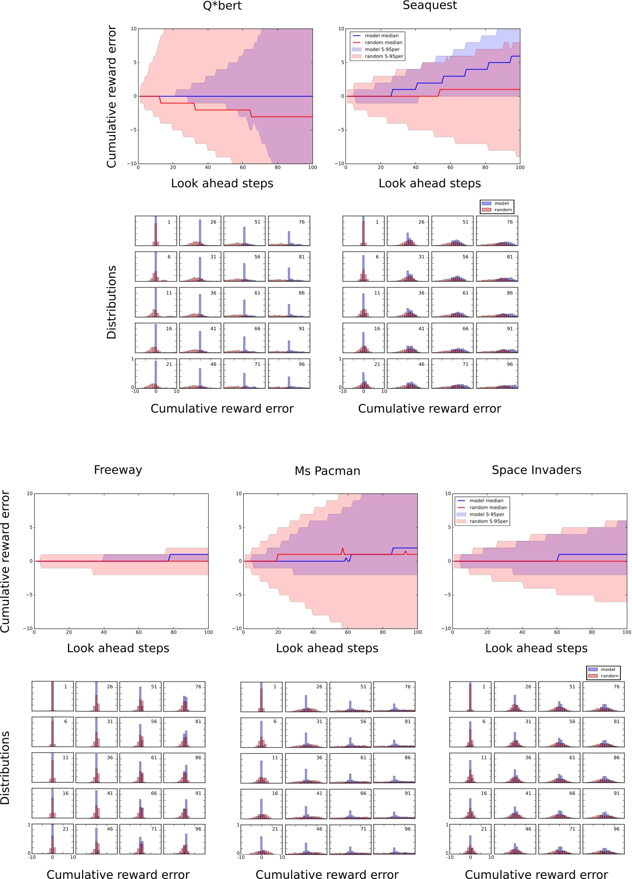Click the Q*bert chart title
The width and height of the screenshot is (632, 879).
222,6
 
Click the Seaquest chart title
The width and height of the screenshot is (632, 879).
430,6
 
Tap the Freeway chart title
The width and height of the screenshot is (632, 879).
118,470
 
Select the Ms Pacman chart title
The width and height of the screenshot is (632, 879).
328,471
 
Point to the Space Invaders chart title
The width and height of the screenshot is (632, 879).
536,470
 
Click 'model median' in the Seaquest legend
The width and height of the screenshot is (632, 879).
381,36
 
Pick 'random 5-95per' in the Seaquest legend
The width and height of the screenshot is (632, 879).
384,56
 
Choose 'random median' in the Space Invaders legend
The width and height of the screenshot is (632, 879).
488,508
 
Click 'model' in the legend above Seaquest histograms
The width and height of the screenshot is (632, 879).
501,203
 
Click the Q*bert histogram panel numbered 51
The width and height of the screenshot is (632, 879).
244,231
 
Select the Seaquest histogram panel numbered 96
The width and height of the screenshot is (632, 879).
497,374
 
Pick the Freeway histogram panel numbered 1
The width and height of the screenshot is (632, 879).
53,696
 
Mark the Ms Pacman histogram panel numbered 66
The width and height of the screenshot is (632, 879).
350,804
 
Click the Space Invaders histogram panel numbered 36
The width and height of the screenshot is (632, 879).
515,767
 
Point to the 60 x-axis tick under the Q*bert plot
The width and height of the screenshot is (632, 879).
242,168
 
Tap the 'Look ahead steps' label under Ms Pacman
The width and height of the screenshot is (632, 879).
327,648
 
